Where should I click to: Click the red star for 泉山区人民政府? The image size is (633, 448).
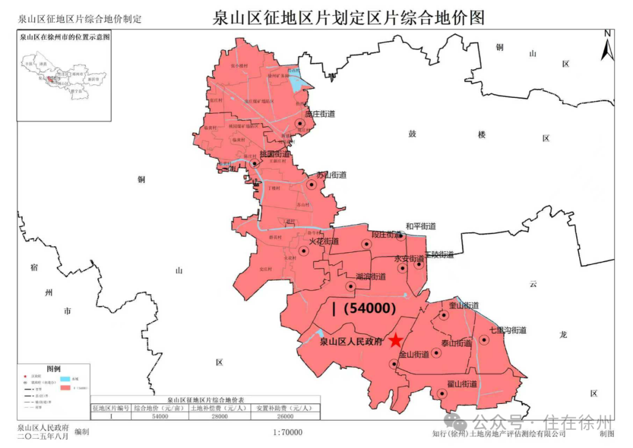click(x=396, y=340)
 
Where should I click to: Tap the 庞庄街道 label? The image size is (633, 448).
click(x=320, y=114)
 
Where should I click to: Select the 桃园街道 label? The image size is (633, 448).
click(x=275, y=154)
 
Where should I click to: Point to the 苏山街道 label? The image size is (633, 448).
click(x=331, y=175)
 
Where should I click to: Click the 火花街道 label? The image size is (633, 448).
click(x=324, y=241)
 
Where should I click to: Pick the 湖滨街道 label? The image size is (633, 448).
click(x=370, y=277)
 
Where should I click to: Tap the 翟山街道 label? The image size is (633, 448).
click(x=462, y=384)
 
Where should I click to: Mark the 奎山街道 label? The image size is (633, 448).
click(x=464, y=306)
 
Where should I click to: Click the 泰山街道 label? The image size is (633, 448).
click(x=457, y=343)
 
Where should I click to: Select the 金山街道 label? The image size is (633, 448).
click(x=414, y=355)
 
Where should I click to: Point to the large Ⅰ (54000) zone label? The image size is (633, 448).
click(x=364, y=308)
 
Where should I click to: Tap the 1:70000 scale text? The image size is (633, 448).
click(x=288, y=433)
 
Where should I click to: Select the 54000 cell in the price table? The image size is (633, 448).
click(x=159, y=416)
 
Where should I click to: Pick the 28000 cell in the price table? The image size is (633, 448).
click(x=219, y=416)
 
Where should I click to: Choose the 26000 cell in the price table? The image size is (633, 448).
click(x=285, y=416)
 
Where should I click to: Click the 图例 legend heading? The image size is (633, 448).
click(x=53, y=369)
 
